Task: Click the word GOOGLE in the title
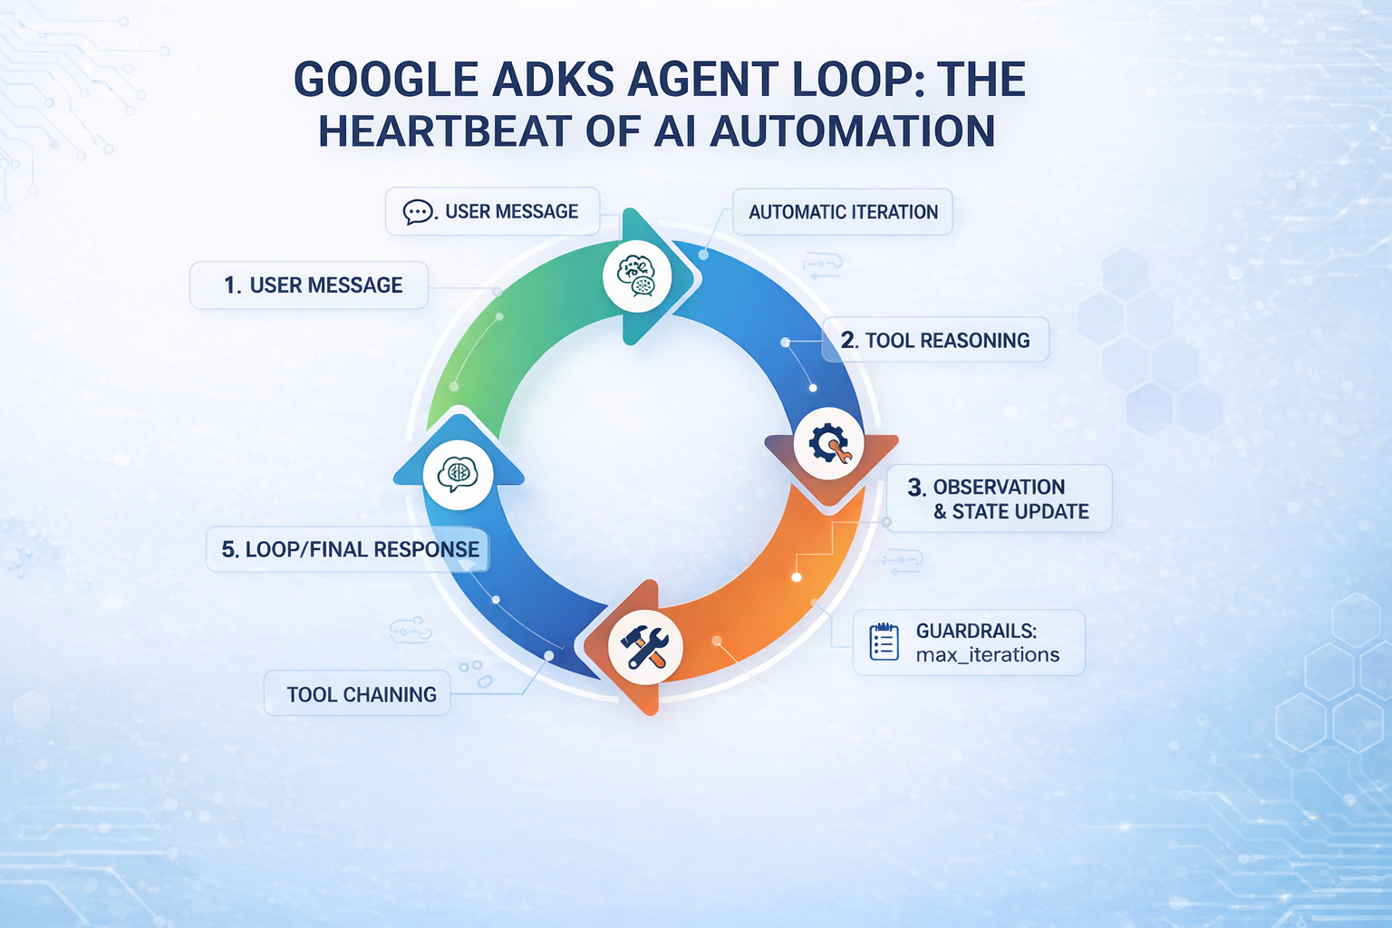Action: [386, 80]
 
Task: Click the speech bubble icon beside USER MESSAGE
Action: [418, 212]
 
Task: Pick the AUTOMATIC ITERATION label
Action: [843, 212]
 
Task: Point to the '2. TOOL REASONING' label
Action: [935, 340]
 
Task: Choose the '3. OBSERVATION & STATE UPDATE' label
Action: [999, 498]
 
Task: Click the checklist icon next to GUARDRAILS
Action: [884, 643]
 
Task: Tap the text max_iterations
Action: [988, 655]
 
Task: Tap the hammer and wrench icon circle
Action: [645, 647]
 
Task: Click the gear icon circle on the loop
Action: [829, 444]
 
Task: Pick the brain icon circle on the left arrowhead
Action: [459, 475]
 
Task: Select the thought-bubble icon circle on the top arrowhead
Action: [637, 276]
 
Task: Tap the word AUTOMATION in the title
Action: [852, 131]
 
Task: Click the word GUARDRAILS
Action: [976, 631]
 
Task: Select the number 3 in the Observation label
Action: [914, 487]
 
